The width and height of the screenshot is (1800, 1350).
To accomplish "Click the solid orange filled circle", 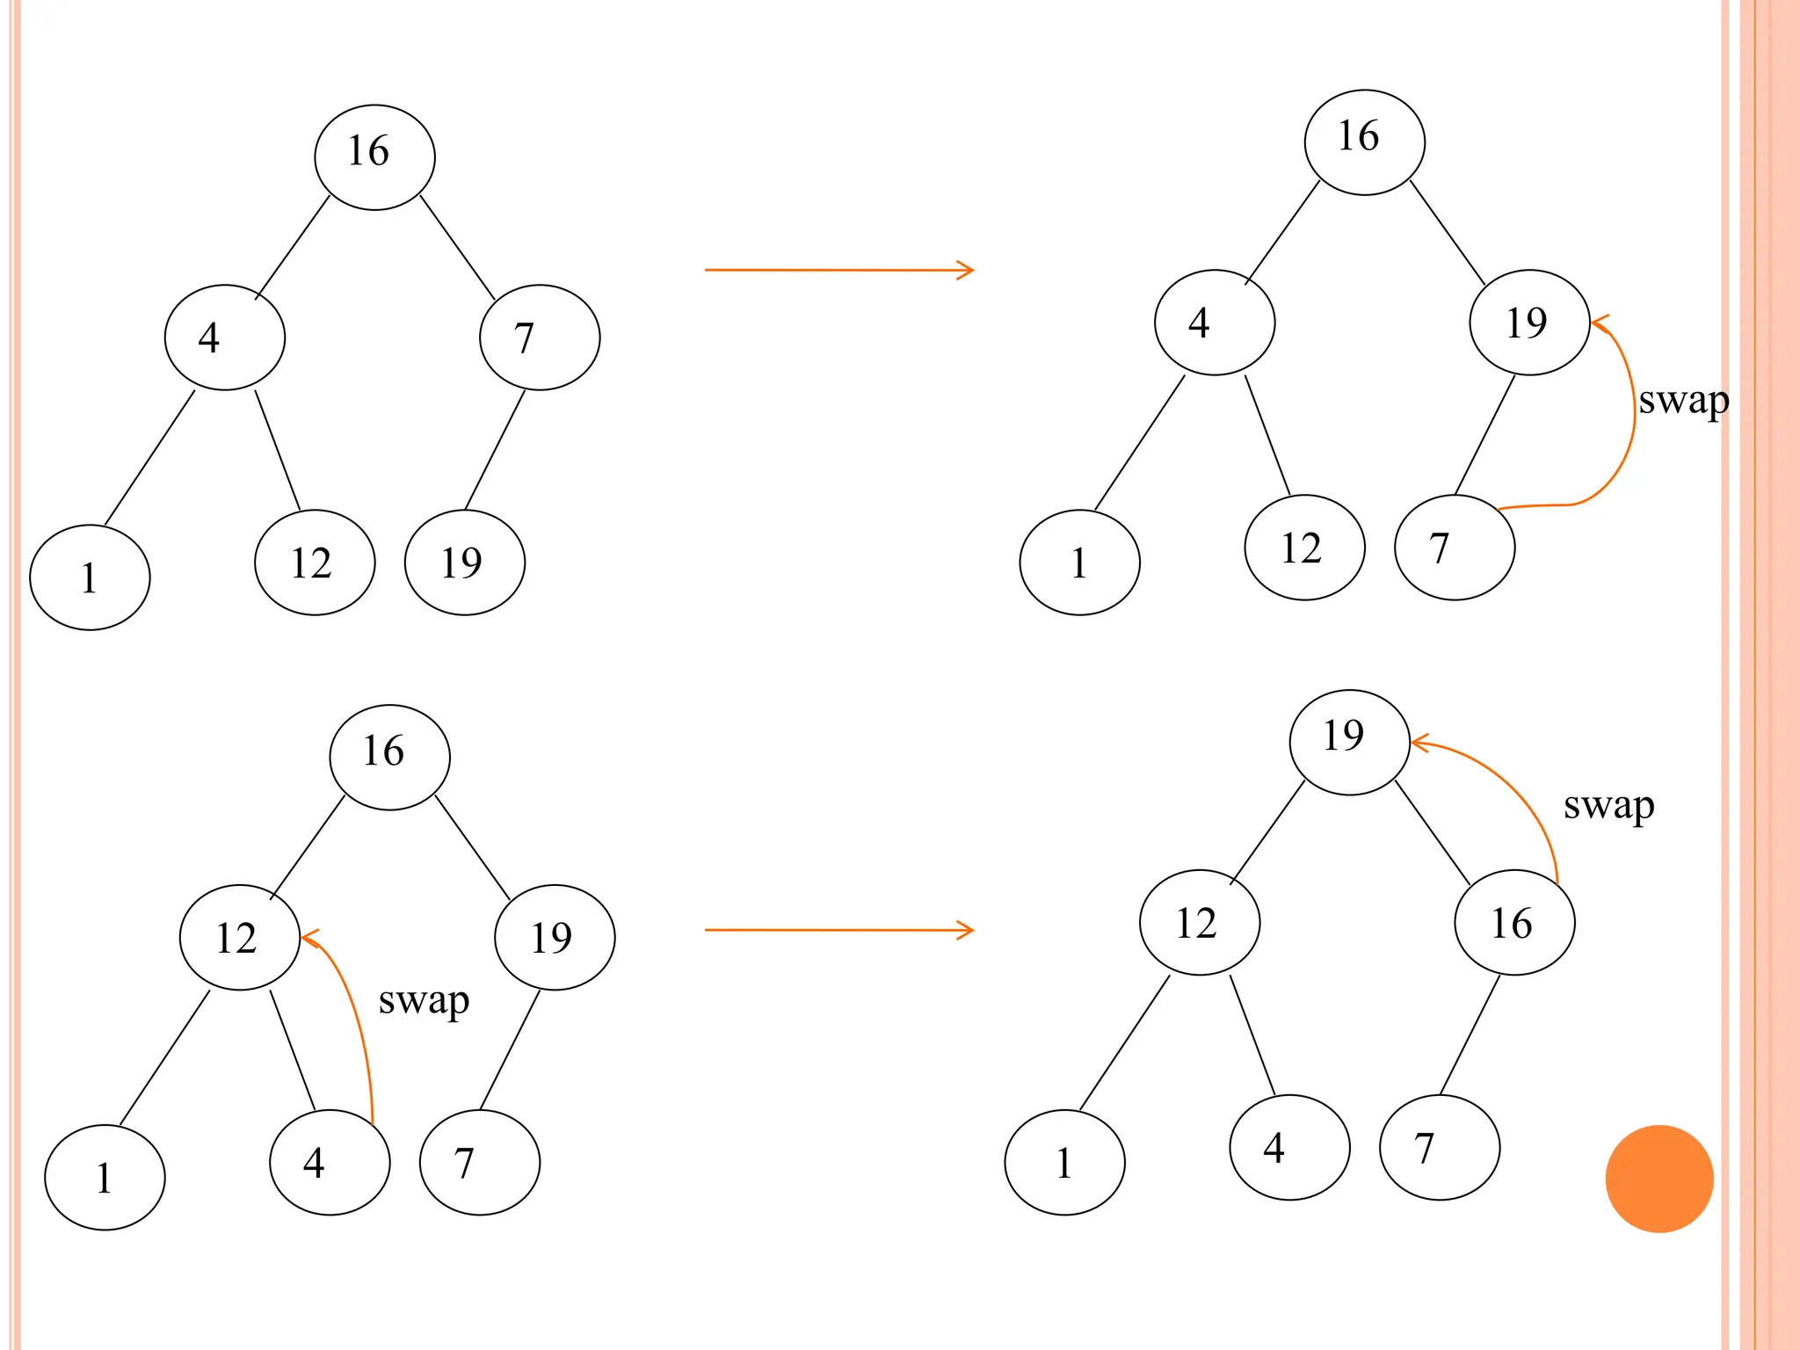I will point(1658,1179).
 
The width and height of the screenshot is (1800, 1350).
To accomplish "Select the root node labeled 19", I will point(1349,742).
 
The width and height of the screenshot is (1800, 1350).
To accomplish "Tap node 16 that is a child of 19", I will point(1514,922).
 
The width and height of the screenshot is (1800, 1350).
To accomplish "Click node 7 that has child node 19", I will point(540,337).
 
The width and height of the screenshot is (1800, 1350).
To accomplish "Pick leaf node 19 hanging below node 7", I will point(464,562).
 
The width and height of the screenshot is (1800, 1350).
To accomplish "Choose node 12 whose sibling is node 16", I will point(1200,922).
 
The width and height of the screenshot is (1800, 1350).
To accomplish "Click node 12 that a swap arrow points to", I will point(239,937).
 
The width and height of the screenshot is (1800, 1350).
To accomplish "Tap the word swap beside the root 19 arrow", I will point(1608,805).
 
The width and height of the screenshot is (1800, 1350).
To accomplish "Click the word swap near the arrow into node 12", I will point(424,1001).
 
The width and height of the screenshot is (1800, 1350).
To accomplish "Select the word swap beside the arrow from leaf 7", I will point(1683,401).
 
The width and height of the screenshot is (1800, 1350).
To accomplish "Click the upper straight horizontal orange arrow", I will point(838,270).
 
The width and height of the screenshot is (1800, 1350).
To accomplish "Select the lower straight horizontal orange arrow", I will point(838,929).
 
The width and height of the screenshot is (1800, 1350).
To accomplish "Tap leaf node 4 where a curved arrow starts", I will point(330,1162).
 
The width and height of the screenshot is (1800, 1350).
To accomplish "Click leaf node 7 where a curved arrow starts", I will point(1455,547).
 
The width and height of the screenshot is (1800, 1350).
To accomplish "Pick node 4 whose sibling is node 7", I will point(225,337).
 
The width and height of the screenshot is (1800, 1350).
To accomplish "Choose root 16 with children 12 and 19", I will point(389,757).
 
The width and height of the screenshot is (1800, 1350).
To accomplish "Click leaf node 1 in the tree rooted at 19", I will point(1064,1162).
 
